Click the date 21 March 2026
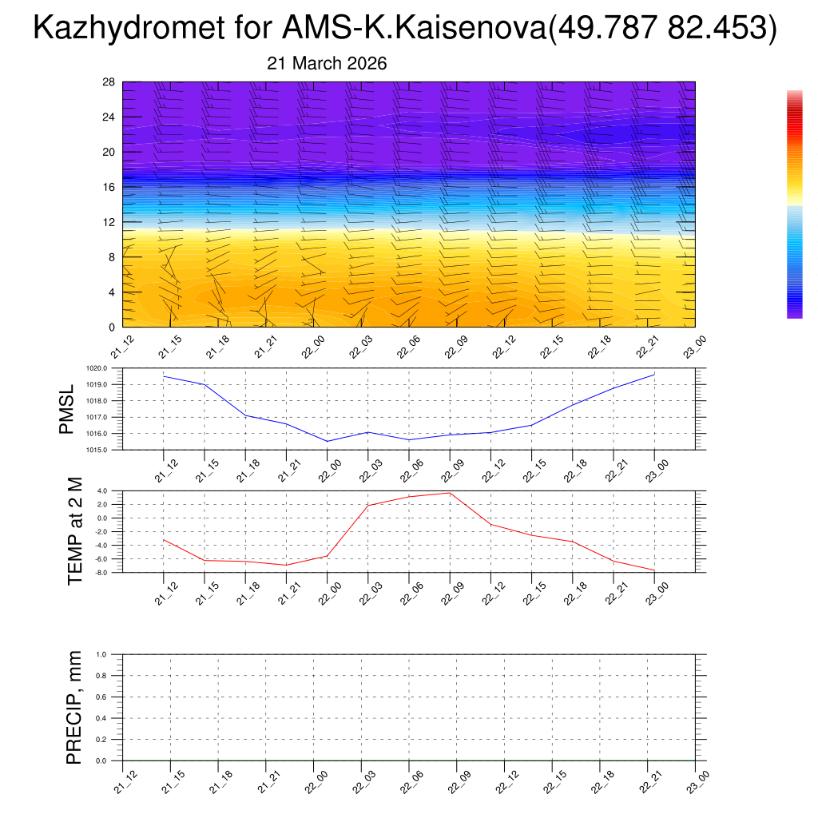tap(326, 64)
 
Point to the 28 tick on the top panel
tap(109, 82)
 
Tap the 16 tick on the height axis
tap(109, 187)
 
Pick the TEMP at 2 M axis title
tap(75, 532)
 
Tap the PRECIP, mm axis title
tap(74, 707)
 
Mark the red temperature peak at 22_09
tap(450, 492)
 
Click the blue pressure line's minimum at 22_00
tap(328, 441)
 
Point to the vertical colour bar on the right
tap(794, 204)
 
